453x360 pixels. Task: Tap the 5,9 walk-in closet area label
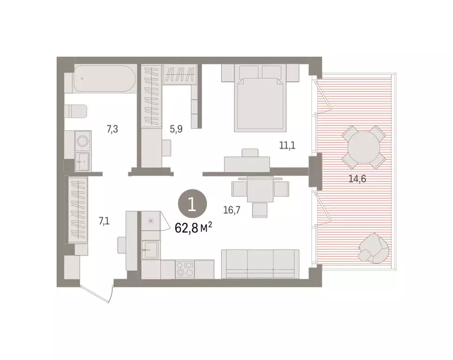[176, 130]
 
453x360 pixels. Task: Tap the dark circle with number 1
[191, 205]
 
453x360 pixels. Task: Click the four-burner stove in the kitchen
[185, 270]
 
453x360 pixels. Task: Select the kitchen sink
[151, 249]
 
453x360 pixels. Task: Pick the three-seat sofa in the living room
[260, 264]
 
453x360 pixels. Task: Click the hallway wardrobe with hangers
[78, 209]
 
